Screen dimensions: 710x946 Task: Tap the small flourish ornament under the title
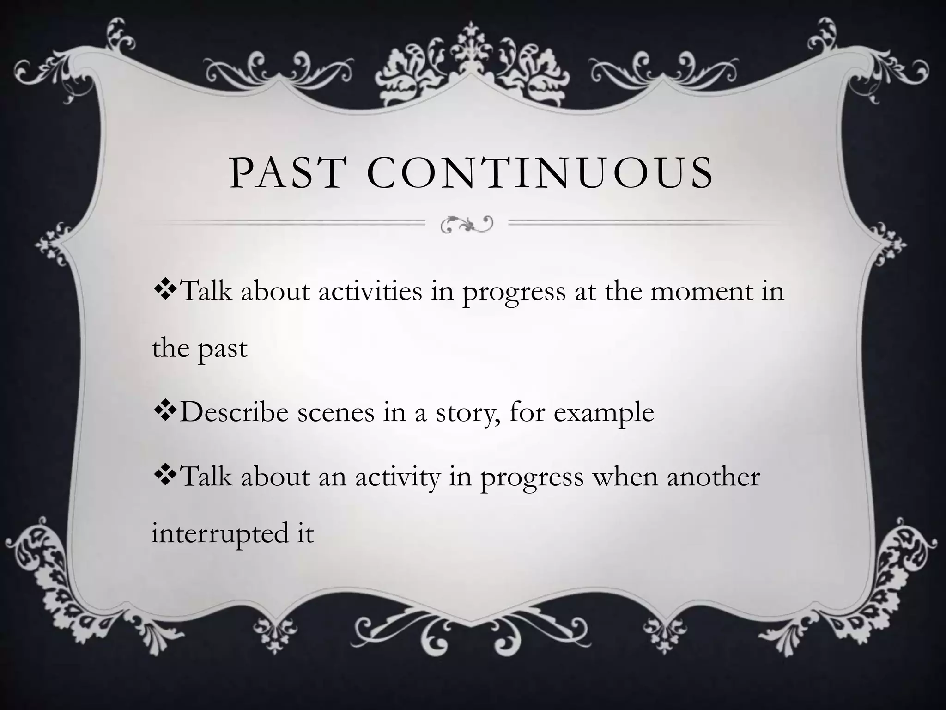point(467,224)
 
